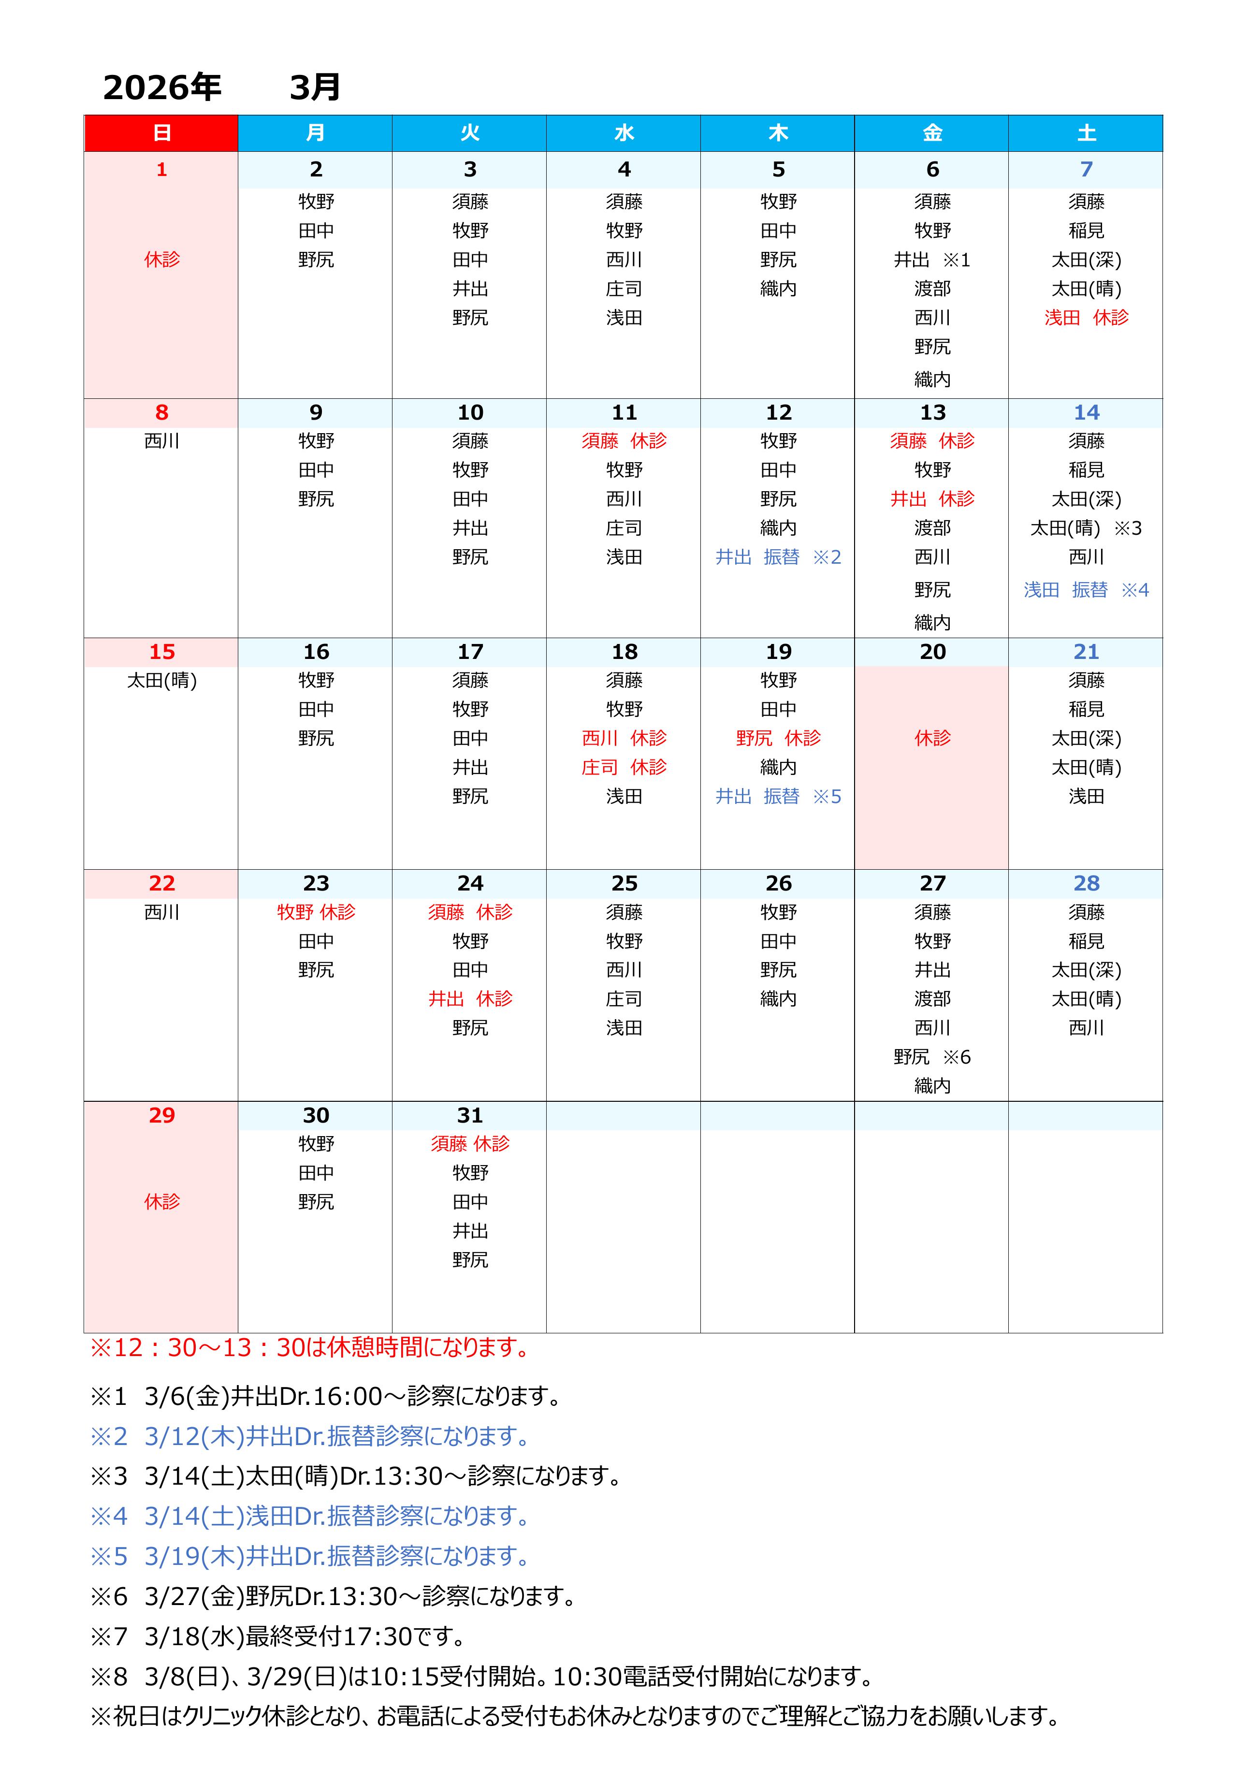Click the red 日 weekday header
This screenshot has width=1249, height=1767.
coord(161,133)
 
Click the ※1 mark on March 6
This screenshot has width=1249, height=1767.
coord(957,260)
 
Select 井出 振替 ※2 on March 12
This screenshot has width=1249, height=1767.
coord(778,557)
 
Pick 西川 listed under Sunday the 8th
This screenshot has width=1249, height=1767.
coord(161,441)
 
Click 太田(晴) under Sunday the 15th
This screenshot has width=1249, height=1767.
coord(161,680)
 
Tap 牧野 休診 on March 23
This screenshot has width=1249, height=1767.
coord(316,912)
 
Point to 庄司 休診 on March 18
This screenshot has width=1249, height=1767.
coord(624,767)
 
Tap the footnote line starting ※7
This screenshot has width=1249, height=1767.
coord(277,1636)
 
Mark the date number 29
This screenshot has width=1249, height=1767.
coord(161,1115)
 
